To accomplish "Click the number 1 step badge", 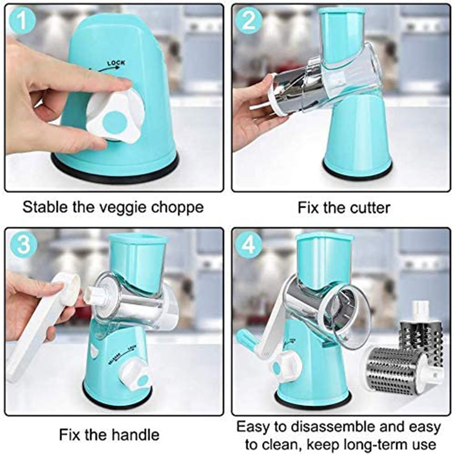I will tap(22, 22).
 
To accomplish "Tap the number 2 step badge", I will tap(249, 22).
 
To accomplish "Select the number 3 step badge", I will tap(22, 244).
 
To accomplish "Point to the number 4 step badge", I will tap(249, 244).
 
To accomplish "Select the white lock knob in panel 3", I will tap(136, 372).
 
